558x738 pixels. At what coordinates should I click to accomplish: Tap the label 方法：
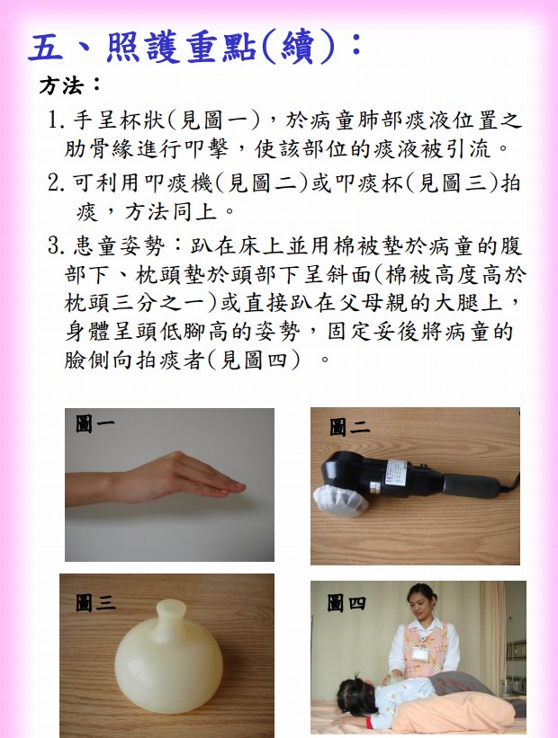[70, 85]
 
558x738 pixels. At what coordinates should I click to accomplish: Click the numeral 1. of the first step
[56, 120]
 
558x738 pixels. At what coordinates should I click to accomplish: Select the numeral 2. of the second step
[56, 182]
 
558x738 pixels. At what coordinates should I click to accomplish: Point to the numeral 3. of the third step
[56, 245]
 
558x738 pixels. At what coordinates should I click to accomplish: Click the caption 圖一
[94, 423]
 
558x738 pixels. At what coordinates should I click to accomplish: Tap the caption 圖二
[349, 427]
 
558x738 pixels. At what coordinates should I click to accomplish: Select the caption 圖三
[95, 603]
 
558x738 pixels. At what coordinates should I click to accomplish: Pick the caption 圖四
[346, 603]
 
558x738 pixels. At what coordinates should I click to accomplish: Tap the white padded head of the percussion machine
[340, 501]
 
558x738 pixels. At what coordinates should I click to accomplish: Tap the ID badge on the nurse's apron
[421, 654]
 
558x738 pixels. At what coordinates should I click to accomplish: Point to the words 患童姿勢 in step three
[118, 245]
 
